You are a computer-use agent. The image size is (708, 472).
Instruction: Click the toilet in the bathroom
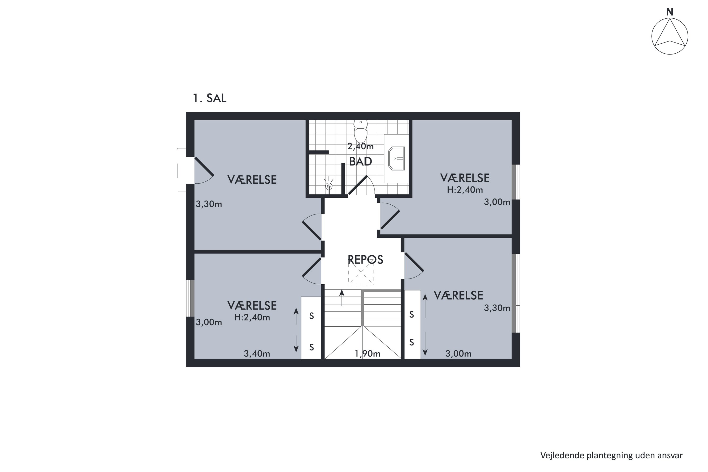pos(361,131)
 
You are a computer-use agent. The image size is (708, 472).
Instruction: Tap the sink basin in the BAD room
pos(396,159)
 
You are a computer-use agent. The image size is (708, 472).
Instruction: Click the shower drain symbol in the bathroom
pos(329,186)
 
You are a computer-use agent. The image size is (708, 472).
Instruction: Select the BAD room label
pos(361,162)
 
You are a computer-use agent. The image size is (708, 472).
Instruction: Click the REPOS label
pos(365,259)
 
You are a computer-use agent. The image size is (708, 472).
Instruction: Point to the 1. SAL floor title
pos(210,98)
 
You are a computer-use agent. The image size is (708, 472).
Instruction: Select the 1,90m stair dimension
pos(367,354)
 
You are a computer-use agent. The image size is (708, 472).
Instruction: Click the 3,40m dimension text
pos(257,354)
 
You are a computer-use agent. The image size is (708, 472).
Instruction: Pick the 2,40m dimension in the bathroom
pos(361,146)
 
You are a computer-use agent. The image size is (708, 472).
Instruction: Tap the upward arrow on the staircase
pos(342,298)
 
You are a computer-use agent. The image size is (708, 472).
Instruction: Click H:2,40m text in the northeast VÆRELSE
pos(465,190)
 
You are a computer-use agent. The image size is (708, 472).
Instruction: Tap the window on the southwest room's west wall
pos(190,298)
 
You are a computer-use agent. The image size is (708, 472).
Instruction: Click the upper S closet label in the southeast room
pos(412,315)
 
